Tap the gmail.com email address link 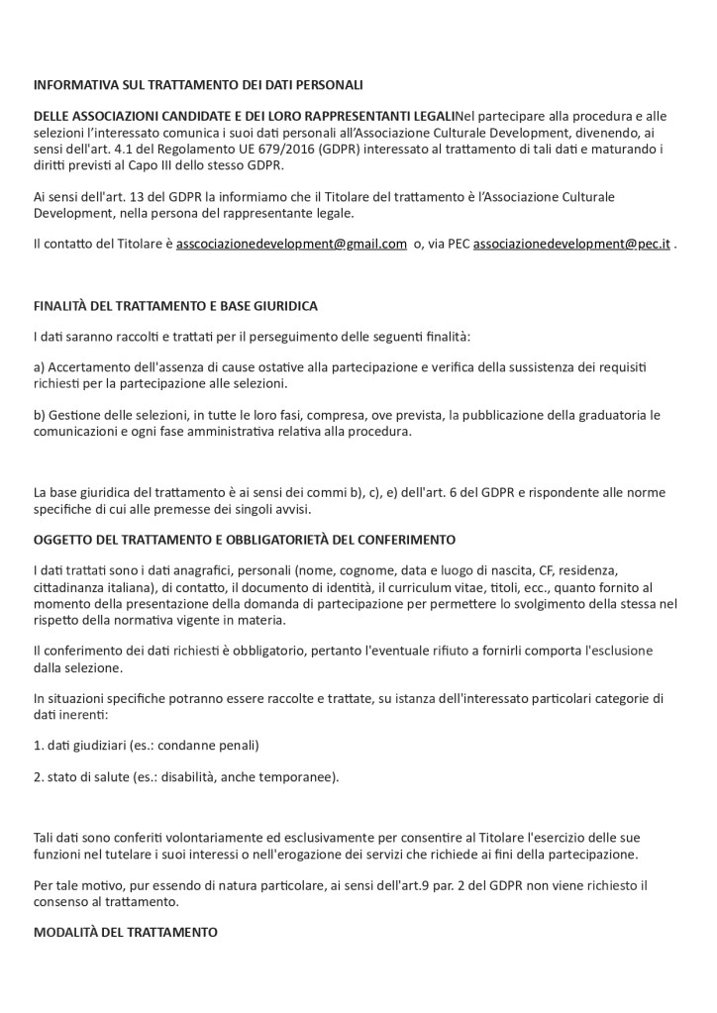click(x=291, y=244)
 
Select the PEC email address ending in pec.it click(x=571, y=244)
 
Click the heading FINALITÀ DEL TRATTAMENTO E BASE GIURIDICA click(x=175, y=305)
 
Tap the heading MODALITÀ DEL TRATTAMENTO click(x=126, y=933)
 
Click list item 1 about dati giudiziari click(x=146, y=745)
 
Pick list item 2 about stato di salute click(x=186, y=776)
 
